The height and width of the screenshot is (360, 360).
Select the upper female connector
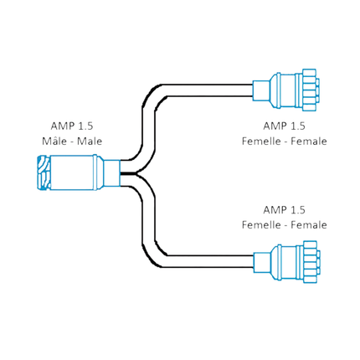[288, 89]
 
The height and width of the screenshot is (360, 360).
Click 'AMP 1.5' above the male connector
[72, 126]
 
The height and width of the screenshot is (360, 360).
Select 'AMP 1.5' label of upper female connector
[284, 126]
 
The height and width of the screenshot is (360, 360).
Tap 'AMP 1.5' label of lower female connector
[284, 209]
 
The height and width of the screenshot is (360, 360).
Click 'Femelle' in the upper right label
[260, 141]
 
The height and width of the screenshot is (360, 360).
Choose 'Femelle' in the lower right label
[260, 224]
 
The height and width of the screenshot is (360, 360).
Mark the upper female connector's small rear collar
[260, 89]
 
